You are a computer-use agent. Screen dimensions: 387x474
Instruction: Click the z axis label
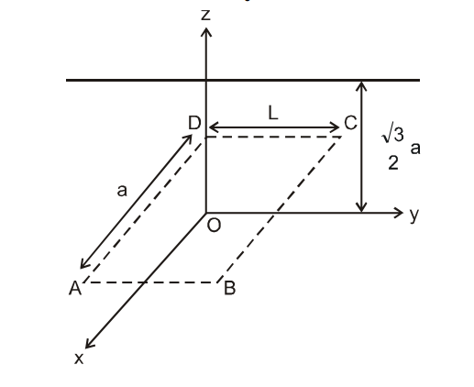click(206, 14)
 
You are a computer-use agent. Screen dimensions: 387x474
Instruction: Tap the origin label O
click(213, 227)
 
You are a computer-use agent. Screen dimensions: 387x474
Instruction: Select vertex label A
click(73, 289)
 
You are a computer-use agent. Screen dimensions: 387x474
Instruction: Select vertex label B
click(230, 290)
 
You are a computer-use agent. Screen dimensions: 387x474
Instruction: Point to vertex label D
click(193, 123)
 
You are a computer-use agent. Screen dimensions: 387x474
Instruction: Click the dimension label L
click(272, 111)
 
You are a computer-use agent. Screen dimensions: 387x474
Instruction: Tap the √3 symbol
click(392, 136)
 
